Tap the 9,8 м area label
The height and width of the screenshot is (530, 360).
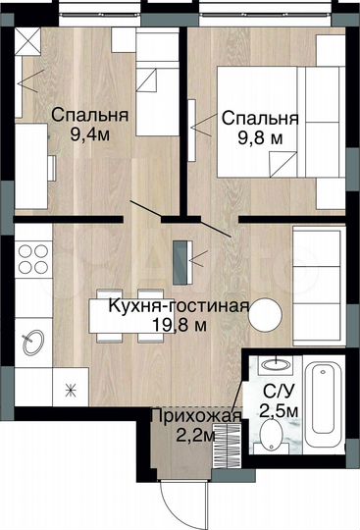pyautogui.click(x=261, y=138)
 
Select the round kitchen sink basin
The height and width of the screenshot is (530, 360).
pyautogui.click(x=32, y=341)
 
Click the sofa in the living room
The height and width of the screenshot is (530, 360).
pyautogui.click(x=320, y=281)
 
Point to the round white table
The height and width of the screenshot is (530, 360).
pyautogui.click(x=266, y=315)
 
